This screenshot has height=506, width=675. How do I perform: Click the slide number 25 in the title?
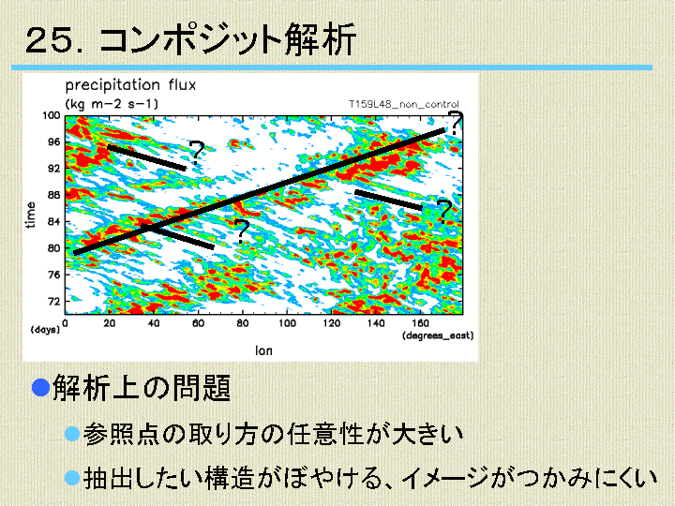(48, 40)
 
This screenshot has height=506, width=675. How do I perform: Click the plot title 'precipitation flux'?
(130, 85)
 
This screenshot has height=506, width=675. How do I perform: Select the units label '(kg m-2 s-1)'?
(112, 104)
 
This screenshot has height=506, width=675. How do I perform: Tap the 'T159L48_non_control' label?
(403, 104)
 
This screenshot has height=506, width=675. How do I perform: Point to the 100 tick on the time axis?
(51, 116)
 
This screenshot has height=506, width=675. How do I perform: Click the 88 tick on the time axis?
(53, 195)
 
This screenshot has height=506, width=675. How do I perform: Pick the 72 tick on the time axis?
(53, 301)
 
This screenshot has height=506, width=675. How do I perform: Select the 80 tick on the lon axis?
(243, 322)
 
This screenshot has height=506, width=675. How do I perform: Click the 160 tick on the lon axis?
(420, 322)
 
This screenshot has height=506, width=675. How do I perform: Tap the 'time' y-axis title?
(30, 215)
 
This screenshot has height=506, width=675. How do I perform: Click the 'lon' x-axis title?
(263, 350)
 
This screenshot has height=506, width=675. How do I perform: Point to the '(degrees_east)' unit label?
(438, 335)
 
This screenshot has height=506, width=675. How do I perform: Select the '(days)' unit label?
(45, 330)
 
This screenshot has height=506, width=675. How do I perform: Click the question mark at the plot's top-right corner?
(455, 123)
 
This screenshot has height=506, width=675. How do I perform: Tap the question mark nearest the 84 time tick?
(241, 232)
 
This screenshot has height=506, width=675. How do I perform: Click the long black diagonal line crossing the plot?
(259, 191)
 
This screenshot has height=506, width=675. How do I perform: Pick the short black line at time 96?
(147, 158)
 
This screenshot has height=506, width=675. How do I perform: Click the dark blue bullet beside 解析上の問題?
(41, 387)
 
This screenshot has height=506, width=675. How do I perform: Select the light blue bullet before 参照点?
(72, 434)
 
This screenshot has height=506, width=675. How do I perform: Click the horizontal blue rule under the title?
(332, 67)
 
